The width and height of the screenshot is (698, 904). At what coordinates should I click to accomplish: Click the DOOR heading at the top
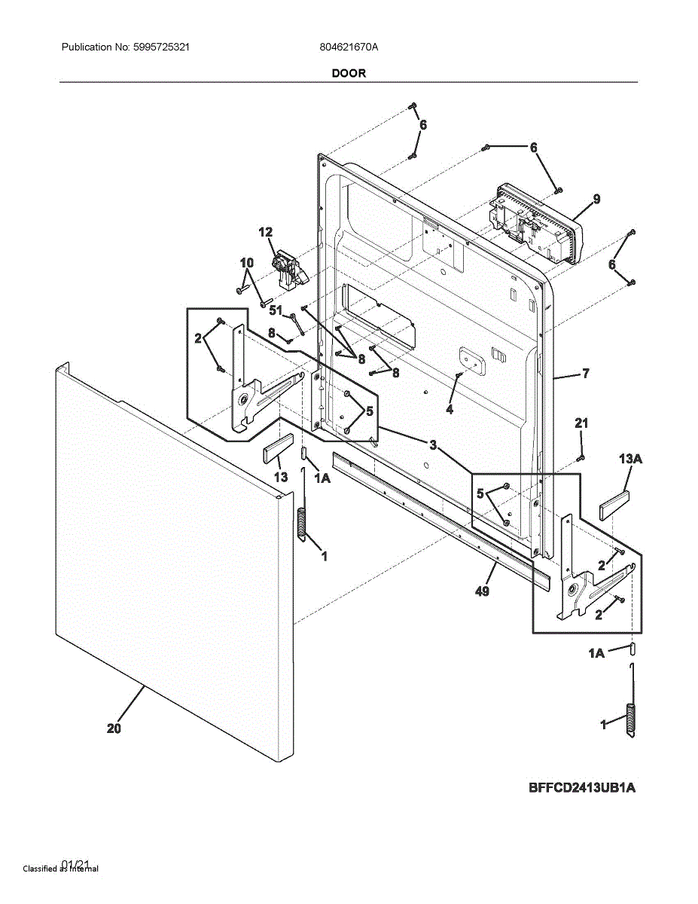[349, 73]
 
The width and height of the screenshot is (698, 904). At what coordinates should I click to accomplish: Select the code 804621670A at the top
[349, 47]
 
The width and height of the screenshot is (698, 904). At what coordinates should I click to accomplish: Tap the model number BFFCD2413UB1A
[582, 788]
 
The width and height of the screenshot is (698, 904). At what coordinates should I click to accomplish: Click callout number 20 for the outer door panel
[114, 728]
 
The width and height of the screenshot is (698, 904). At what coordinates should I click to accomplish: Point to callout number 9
[596, 199]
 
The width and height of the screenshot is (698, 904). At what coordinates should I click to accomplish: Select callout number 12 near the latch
[266, 232]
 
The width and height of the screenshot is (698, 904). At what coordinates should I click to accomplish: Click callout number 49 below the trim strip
[482, 591]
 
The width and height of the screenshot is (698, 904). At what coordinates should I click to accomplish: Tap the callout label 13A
[630, 459]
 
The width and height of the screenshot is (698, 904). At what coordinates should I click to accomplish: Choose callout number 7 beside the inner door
[585, 373]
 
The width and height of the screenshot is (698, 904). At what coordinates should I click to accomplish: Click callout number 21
[581, 423]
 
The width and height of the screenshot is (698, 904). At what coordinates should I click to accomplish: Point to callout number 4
[450, 409]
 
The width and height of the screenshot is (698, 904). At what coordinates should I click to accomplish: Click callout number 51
[276, 310]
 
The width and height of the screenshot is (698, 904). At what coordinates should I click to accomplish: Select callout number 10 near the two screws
[247, 262]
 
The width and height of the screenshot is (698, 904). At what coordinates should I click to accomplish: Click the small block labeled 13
[276, 450]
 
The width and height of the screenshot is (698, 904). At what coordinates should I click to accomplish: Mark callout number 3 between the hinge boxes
[433, 444]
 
